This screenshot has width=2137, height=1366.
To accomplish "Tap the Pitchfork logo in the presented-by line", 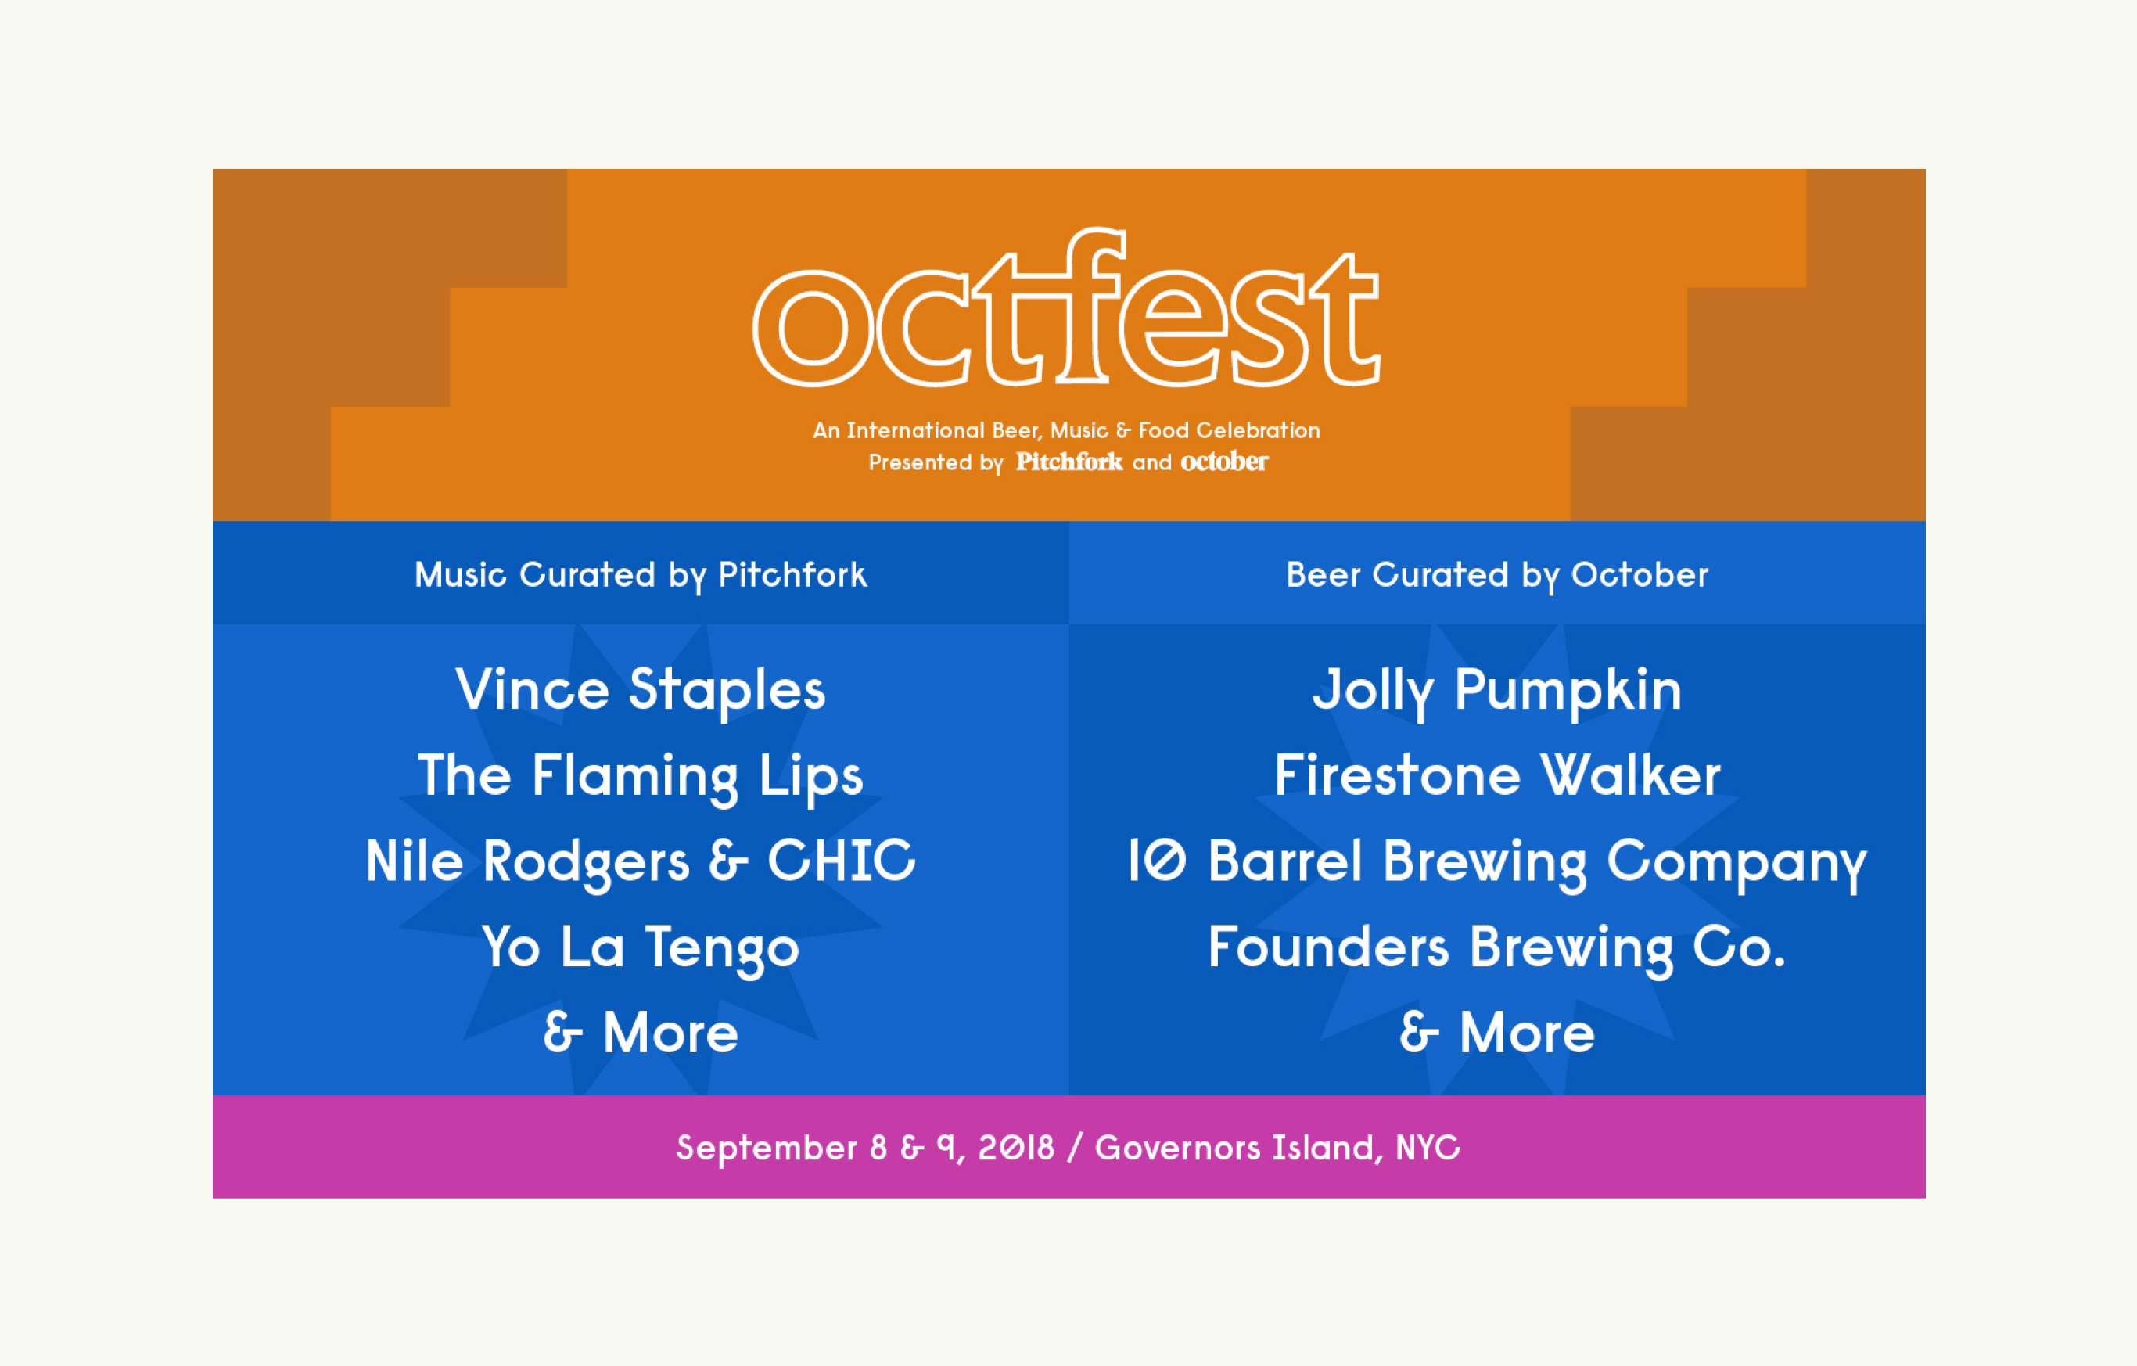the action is tap(1069, 462).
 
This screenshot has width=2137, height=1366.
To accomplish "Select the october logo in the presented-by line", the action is tap(1224, 462).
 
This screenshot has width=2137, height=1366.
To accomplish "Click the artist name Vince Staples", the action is tap(640, 690).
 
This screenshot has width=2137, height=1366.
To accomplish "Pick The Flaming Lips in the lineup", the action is tap(640, 777).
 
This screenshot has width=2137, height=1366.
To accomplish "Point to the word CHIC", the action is tap(842, 860).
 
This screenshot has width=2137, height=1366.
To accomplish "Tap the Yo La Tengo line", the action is tap(640, 947).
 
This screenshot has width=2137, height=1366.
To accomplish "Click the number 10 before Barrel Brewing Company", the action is tap(1156, 860).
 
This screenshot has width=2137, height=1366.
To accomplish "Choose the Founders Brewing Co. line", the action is tap(1497, 947).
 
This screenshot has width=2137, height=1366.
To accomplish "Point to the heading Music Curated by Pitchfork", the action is tap(640, 575).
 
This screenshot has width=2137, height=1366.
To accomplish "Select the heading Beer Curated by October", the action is tap(1497, 575).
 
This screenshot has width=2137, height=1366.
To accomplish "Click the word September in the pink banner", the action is tap(767, 1149).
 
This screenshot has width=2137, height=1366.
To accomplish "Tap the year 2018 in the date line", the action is tap(1016, 1147).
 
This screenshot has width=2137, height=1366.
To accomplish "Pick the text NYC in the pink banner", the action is tap(1427, 1147).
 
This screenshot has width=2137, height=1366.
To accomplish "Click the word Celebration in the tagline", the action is tap(1258, 430).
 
